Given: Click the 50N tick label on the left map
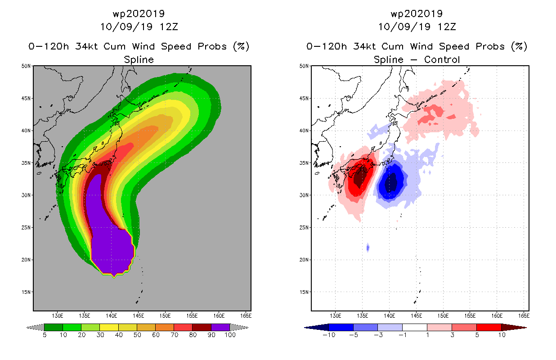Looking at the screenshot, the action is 26,66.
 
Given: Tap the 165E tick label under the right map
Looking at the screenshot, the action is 524,316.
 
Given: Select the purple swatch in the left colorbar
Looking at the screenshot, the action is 220,327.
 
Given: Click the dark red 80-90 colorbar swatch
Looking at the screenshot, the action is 202,327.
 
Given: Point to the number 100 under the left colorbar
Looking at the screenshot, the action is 230,335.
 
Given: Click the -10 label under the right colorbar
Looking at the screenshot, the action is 329,335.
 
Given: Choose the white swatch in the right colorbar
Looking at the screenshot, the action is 415,327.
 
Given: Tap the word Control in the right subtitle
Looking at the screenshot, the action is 442,59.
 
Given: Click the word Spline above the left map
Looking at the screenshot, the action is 139,59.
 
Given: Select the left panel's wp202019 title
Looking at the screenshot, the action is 139,13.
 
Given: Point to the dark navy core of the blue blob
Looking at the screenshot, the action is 391,183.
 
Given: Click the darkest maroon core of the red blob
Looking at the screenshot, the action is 360,177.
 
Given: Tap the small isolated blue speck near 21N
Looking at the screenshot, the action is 368,247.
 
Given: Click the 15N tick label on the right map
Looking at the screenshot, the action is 304,292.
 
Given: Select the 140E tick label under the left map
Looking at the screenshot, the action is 111,316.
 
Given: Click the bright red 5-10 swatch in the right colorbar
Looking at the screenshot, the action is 489,327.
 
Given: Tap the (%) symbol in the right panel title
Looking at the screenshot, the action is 519,46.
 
